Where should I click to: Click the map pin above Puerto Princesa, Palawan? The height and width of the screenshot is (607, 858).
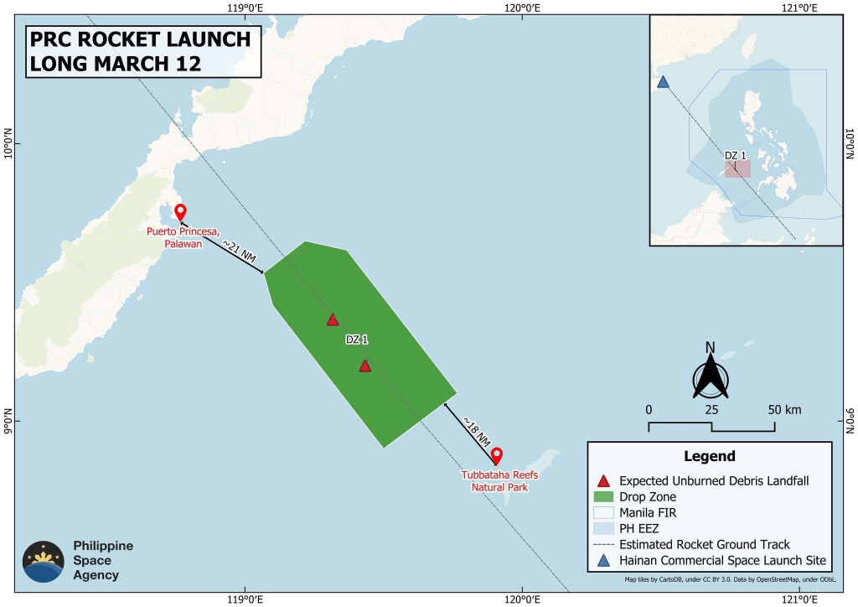point(179,211)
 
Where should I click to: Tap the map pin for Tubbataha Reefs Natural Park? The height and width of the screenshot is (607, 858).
point(496,455)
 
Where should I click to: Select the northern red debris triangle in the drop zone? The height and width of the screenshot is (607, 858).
point(333,319)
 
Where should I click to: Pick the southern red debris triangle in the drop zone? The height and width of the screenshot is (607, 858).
point(364,366)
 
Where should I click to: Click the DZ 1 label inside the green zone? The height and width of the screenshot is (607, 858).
point(357,340)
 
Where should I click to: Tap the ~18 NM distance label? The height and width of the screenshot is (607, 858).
point(476,430)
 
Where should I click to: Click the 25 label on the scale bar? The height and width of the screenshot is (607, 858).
point(711,410)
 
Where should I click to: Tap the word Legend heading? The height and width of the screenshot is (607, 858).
point(710,457)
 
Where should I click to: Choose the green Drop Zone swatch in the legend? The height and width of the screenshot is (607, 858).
point(602,497)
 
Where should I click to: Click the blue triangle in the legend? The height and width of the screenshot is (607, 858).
point(602,560)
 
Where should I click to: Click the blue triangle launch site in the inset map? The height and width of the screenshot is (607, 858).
point(663,82)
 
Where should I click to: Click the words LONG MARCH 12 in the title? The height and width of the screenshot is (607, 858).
point(115,64)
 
